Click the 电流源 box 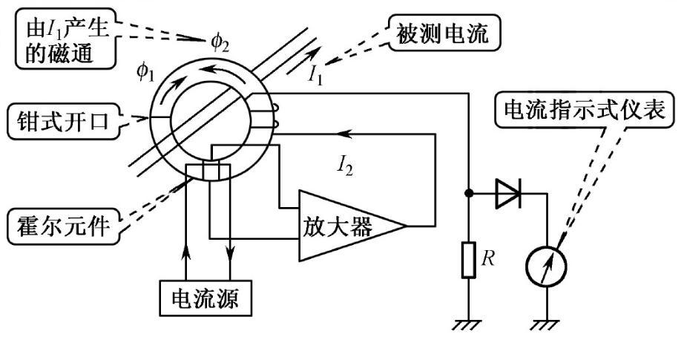coord(207,298)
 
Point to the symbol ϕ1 coord(147,71)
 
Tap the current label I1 coord(315,74)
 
